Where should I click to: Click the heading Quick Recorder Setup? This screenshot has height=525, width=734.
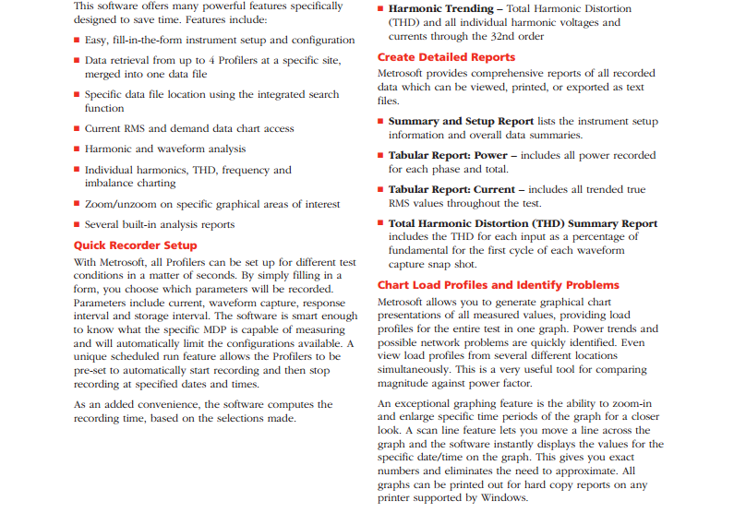point(135,245)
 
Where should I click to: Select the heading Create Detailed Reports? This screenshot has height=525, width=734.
point(446,56)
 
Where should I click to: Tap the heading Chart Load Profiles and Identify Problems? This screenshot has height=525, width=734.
point(499,285)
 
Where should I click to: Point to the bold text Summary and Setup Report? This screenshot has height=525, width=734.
point(461,121)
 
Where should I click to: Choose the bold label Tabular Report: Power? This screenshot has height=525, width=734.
point(450,155)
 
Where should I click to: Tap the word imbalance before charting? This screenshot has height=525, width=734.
point(109,183)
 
